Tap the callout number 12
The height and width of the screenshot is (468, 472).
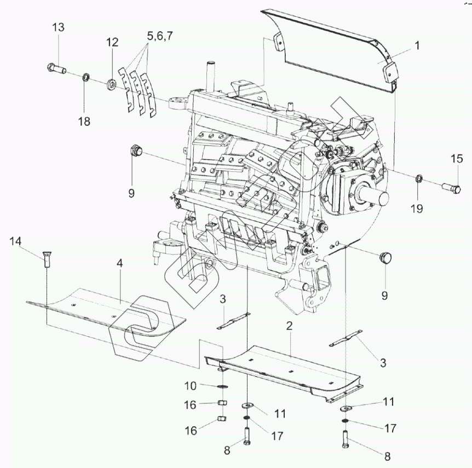pyautogui.click(x=112, y=42)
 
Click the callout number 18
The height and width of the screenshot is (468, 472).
pyautogui.click(x=84, y=121)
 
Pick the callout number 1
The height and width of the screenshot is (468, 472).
pyautogui.click(x=417, y=47)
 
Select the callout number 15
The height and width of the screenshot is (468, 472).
pyautogui.click(x=457, y=159)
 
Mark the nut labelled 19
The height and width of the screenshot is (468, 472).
pyautogui.click(x=418, y=178)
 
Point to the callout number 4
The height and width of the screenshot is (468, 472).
pyautogui.click(x=120, y=263)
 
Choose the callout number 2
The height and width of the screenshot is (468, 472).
pyautogui.click(x=289, y=326)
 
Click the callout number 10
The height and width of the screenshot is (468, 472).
pyautogui.click(x=190, y=386)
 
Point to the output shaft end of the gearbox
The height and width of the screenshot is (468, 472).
pyautogui.click(x=373, y=193)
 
